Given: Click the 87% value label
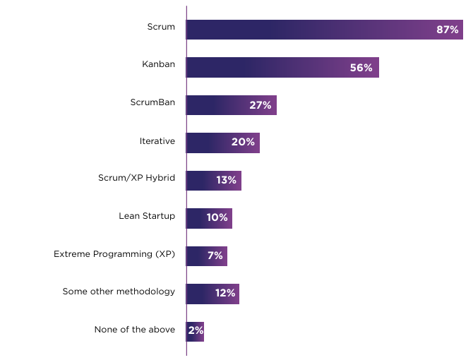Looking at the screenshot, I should (x=448, y=30).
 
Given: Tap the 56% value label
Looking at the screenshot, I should (x=361, y=68).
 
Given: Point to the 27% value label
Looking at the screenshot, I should (x=261, y=105).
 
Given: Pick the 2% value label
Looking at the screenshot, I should (x=196, y=331).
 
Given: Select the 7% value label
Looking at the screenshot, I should (x=215, y=256).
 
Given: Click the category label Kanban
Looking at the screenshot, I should (x=158, y=65).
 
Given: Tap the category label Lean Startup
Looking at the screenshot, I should (x=147, y=216).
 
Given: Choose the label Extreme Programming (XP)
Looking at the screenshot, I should (x=114, y=253).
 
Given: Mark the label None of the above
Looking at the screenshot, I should (x=134, y=329).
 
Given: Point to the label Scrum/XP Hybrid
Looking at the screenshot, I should (x=136, y=178).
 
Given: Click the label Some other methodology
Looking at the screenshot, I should (x=119, y=292).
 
